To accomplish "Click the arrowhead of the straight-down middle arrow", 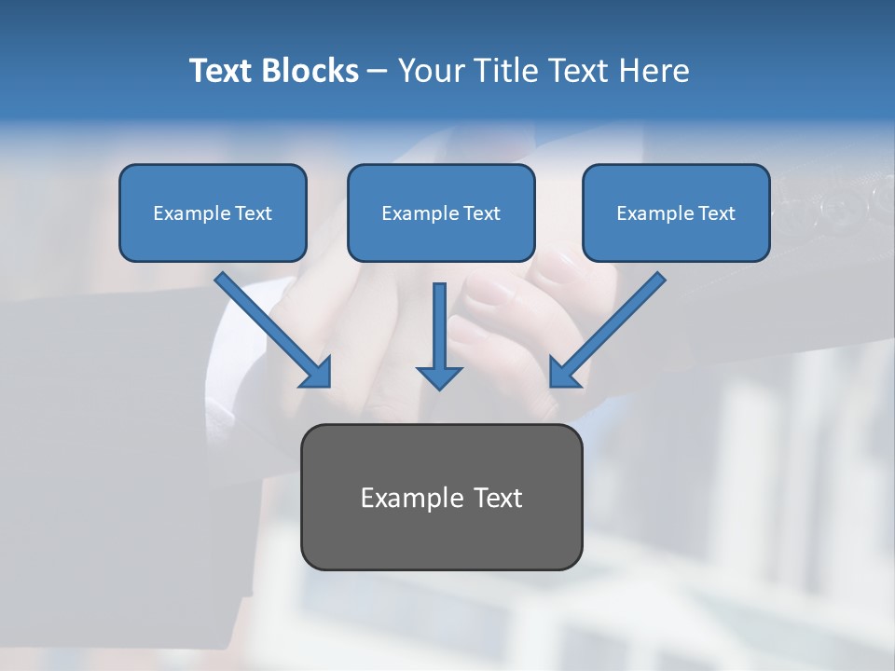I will tap(439, 377).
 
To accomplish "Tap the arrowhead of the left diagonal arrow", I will tap(318, 374).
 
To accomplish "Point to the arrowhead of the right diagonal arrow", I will tap(563, 374).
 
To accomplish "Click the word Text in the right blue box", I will tap(717, 213).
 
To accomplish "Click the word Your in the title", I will tap(431, 71).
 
